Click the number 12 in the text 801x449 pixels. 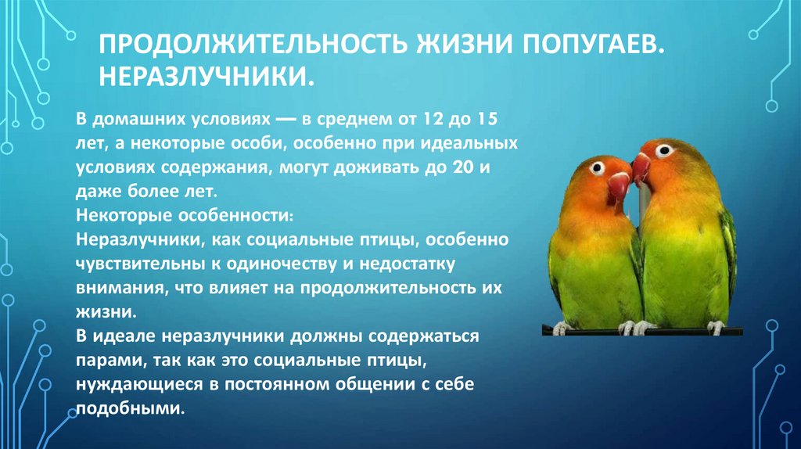click(432, 121)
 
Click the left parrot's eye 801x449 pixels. click(598, 167)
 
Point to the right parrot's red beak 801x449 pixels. click(641, 167)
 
